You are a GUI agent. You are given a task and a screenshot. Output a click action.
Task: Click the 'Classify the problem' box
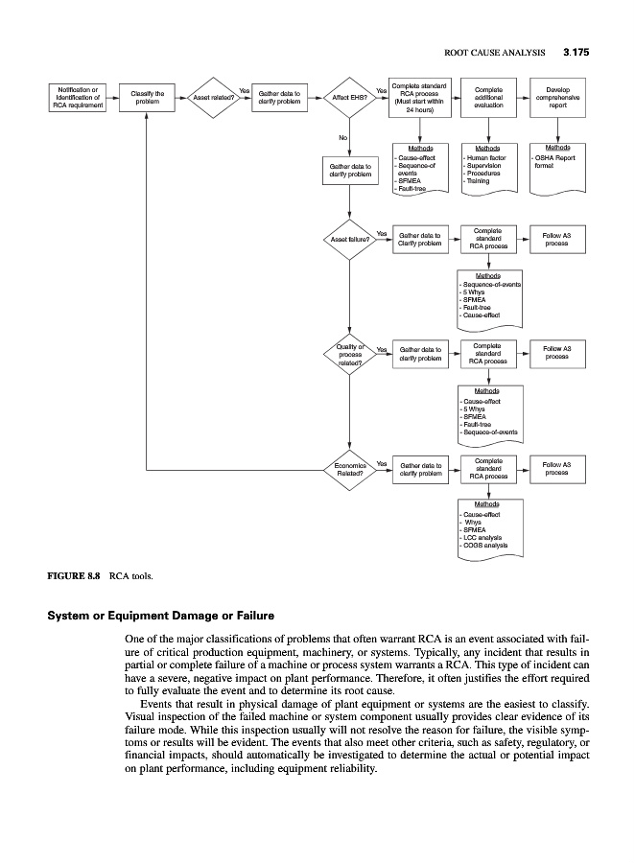pyautogui.click(x=146, y=97)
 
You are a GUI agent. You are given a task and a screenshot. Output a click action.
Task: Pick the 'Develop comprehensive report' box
pyautogui.click(x=557, y=97)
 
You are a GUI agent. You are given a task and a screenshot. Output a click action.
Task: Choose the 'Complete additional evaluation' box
pyautogui.click(x=489, y=97)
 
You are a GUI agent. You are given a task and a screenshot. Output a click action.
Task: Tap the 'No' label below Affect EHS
pyautogui.click(x=341, y=137)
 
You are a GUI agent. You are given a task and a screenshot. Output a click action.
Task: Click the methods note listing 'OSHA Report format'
pyautogui.click(x=557, y=163)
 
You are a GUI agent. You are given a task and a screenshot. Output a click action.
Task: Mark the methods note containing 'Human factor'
pyautogui.click(x=489, y=168)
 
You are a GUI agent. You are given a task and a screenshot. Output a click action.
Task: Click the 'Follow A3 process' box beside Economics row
pyautogui.click(x=557, y=469)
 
